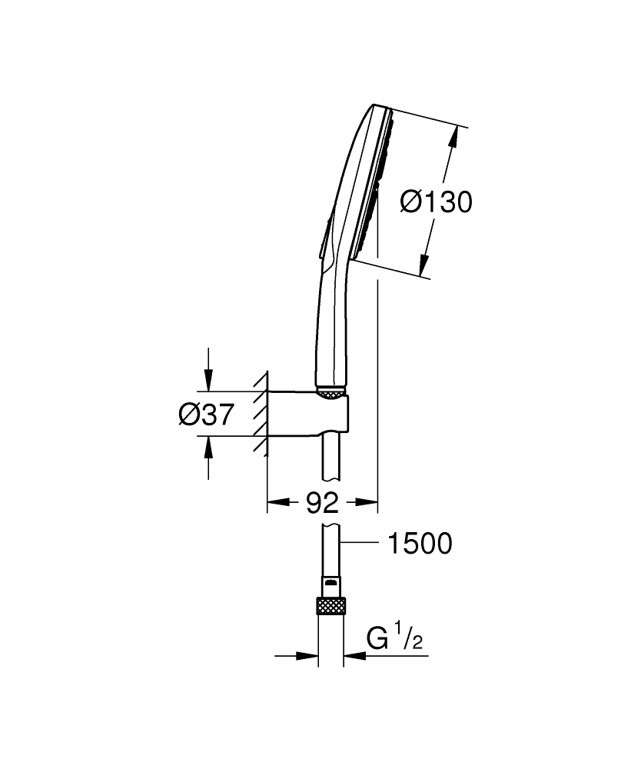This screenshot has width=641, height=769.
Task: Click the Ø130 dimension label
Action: coord(436,202)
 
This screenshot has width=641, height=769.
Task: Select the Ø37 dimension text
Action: coord(205,414)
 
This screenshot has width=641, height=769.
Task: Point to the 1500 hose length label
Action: coord(420,544)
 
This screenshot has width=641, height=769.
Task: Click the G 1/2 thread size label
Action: coord(394,638)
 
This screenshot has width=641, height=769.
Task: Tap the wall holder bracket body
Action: coord(307,414)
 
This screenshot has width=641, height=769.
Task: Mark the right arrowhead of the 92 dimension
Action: coord(370,504)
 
